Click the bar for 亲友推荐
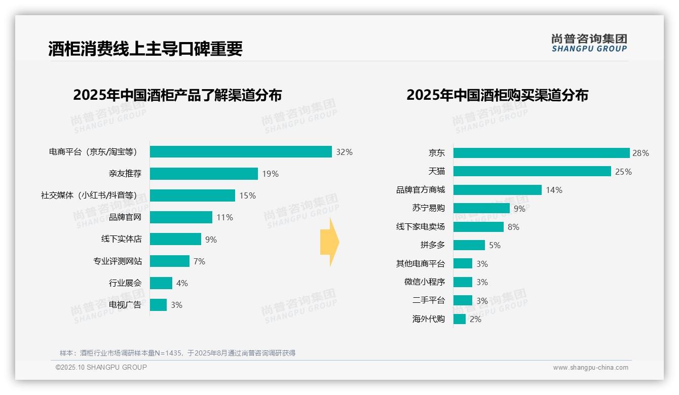(204, 174)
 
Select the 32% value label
(344, 152)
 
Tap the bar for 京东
(541, 153)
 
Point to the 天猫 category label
(436, 172)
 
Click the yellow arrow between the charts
(329, 243)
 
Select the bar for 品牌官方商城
(497, 190)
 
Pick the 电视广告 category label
(125, 305)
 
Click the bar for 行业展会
(161, 283)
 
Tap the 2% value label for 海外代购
(475, 320)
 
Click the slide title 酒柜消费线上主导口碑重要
(145, 49)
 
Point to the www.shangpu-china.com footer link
(590, 368)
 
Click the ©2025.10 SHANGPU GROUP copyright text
(101, 367)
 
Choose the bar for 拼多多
(469, 245)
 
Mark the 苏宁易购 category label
(428, 208)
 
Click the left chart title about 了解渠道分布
(177, 95)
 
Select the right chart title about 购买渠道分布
(497, 95)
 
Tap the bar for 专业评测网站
(169, 261)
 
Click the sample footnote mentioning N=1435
(177, 353)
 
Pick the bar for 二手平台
(463, 300)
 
